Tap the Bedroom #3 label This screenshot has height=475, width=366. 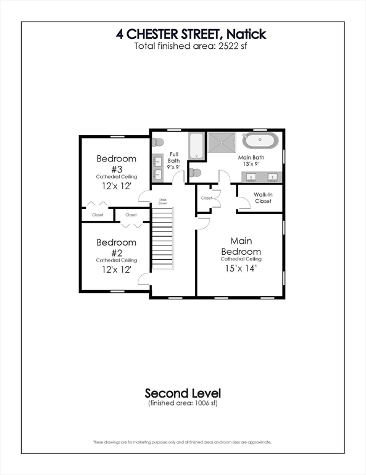[x=116, y=163]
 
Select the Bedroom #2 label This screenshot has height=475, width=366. [x=116, y=247]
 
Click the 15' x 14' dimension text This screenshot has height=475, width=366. [x=241, y=268]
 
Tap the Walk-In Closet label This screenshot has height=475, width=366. [x=263, y=197]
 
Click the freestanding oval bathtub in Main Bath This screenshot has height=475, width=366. [x=261, y=141]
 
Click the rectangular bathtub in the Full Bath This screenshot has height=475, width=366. [x=196, y=146]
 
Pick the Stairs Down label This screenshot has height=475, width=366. [x=163, y=201]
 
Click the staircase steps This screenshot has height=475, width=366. [x=162, y=239]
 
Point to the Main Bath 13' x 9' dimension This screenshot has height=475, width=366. [x=251, y=165]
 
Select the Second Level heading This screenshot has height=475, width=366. [x=183, y=393]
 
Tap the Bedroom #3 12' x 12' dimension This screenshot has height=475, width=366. [x=116, y=186]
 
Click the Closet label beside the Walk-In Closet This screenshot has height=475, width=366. [x=206, y=198]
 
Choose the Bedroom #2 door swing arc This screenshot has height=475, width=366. [x=144, y=279]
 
